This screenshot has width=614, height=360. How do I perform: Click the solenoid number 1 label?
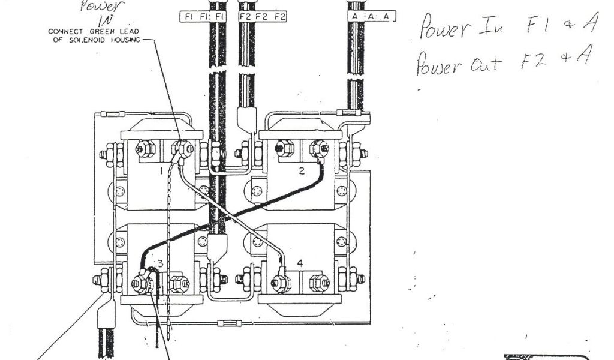click(x=161, y=172)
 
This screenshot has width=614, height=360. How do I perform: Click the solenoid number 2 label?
click(x=302, y=171)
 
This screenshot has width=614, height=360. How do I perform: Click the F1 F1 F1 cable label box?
click(x=203, y=17)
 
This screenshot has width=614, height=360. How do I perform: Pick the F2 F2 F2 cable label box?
click(x=262, y=17)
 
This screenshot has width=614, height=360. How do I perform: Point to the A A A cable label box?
click(x=372, y=17)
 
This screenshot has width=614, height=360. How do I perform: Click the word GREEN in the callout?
click(x=103, y=31)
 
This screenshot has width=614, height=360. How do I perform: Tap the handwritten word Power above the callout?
click(x=97, y=7)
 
